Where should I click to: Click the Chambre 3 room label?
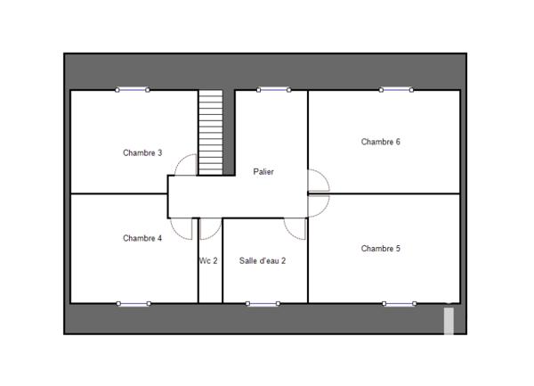[142, 152]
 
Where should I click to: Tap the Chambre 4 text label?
[142, 238]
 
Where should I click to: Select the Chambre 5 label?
[380, 249]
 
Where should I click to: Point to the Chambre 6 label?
[380, 142]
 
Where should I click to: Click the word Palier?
[263, 172]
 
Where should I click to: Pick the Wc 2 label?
[208, 261]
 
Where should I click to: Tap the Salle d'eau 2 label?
[263, 261]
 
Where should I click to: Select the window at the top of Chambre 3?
[133, 89]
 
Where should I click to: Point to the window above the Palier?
[272, 89]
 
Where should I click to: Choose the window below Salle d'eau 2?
[263, 303]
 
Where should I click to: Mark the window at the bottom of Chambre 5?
[399, 303]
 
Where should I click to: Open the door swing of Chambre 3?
[186, 165]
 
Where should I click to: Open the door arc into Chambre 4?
[182, 227]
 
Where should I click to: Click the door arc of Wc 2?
[208, 229]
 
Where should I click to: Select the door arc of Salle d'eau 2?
[295, 227]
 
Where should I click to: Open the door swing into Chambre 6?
[318, 181]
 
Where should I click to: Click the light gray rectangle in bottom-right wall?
[449, 321]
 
